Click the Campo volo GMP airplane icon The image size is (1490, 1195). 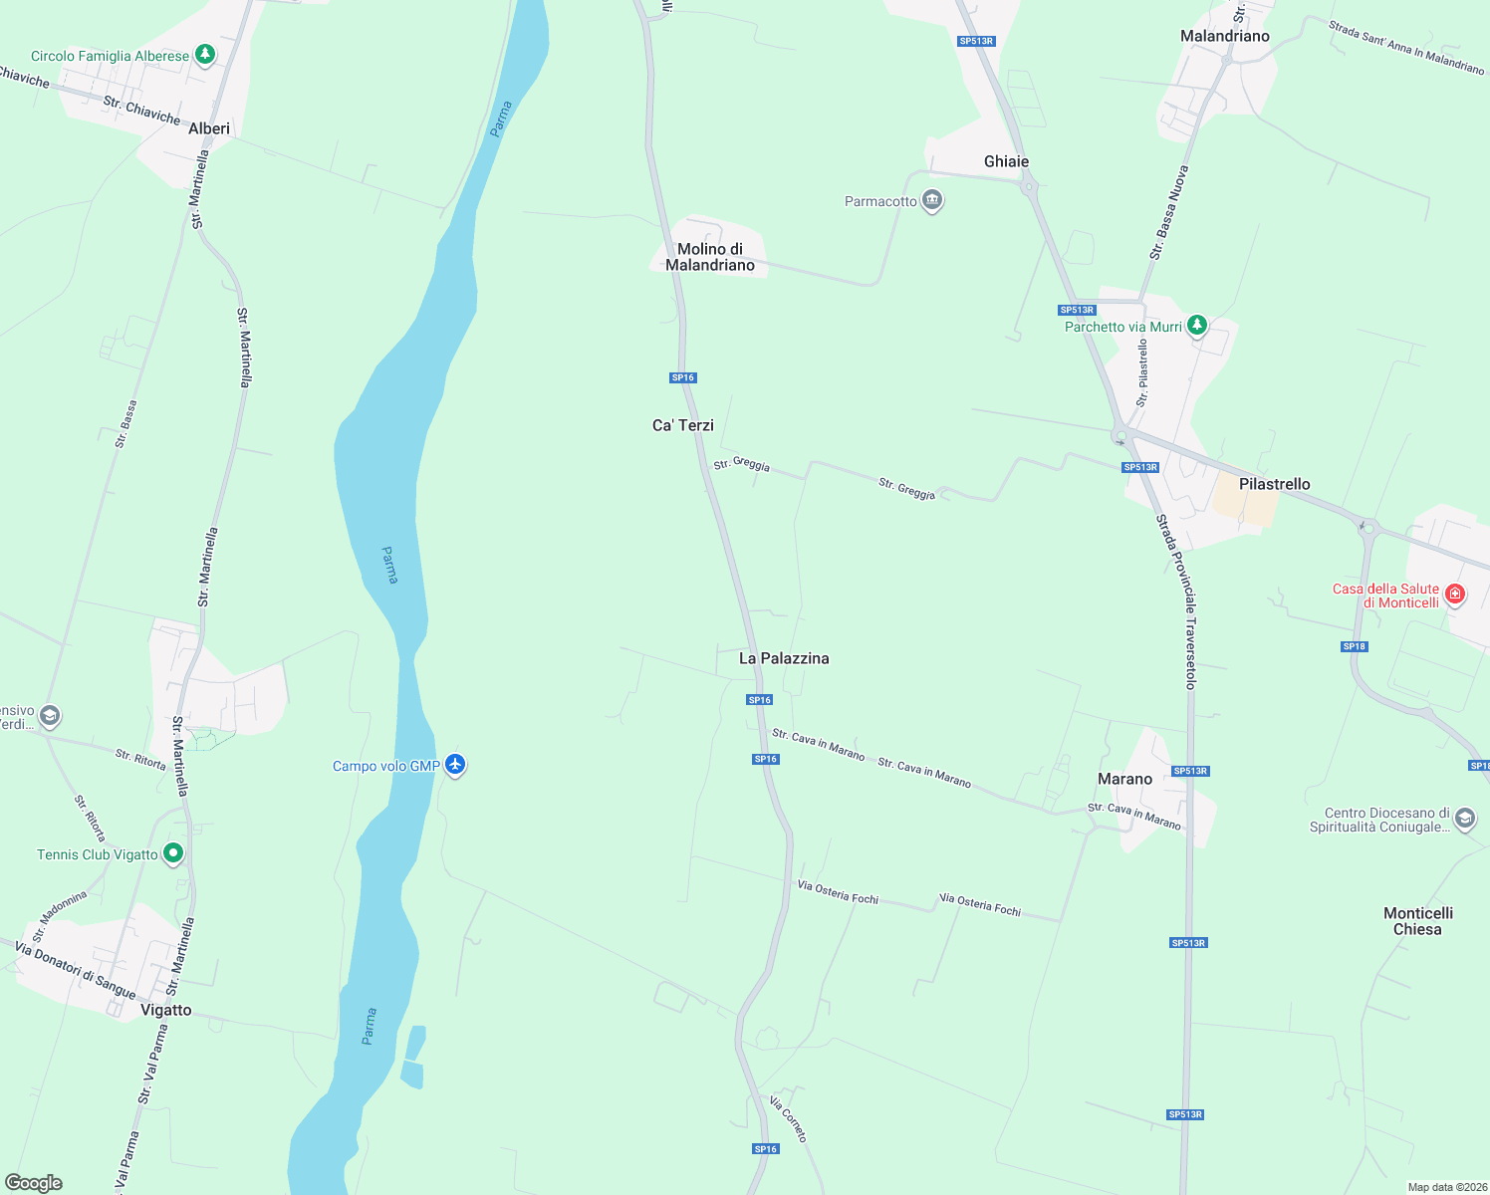point(455,764)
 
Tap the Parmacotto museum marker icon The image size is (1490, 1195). point(932,200)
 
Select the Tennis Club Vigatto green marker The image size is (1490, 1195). point(173,853)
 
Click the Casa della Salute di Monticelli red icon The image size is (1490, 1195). point(1455,595)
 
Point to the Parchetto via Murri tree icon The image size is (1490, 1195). point(1197,325)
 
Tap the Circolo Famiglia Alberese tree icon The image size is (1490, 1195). point(205,54)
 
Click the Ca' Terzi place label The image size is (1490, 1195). point(683,425)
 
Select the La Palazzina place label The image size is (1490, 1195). point(784,658)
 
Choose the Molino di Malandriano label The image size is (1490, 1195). point(710,257)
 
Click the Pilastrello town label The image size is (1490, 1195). point(1274,484)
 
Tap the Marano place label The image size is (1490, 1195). point(1124,779)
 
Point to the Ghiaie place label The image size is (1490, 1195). point(1006,161)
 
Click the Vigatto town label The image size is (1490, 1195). point(165,1010)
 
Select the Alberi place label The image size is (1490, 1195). point(209,128)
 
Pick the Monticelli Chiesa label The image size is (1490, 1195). point(1417,921)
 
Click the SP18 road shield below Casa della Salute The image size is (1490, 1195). point(1355,646)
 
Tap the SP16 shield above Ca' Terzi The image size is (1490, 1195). point(683,377)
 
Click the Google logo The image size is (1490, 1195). point(34,1183)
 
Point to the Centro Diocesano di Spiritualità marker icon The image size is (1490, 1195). point(1464,819)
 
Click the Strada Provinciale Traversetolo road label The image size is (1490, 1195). point(1176,601)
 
